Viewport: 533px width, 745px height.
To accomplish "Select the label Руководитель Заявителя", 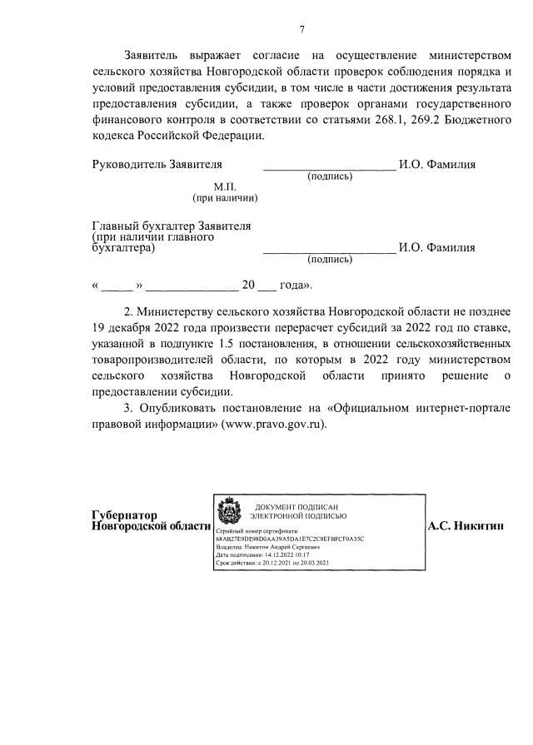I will (x=157, y=165).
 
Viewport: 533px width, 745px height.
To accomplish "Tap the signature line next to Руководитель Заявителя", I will (x=329, y=166).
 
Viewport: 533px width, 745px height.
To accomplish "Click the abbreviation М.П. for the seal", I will (x=225, y=186).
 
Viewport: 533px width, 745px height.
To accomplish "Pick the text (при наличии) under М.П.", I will (x=225, y=198).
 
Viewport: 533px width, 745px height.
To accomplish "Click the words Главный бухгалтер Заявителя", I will (x=172, y=226).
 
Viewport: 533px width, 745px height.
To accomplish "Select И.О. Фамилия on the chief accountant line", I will (x=437, y=247).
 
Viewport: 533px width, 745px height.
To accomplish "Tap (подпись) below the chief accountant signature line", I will (x=330, y=260).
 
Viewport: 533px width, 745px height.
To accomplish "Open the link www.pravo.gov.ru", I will (x=271, y=425).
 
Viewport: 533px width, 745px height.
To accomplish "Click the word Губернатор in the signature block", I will (x=125, y=515).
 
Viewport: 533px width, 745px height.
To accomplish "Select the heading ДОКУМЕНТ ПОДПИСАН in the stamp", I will (x=296, y=507).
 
